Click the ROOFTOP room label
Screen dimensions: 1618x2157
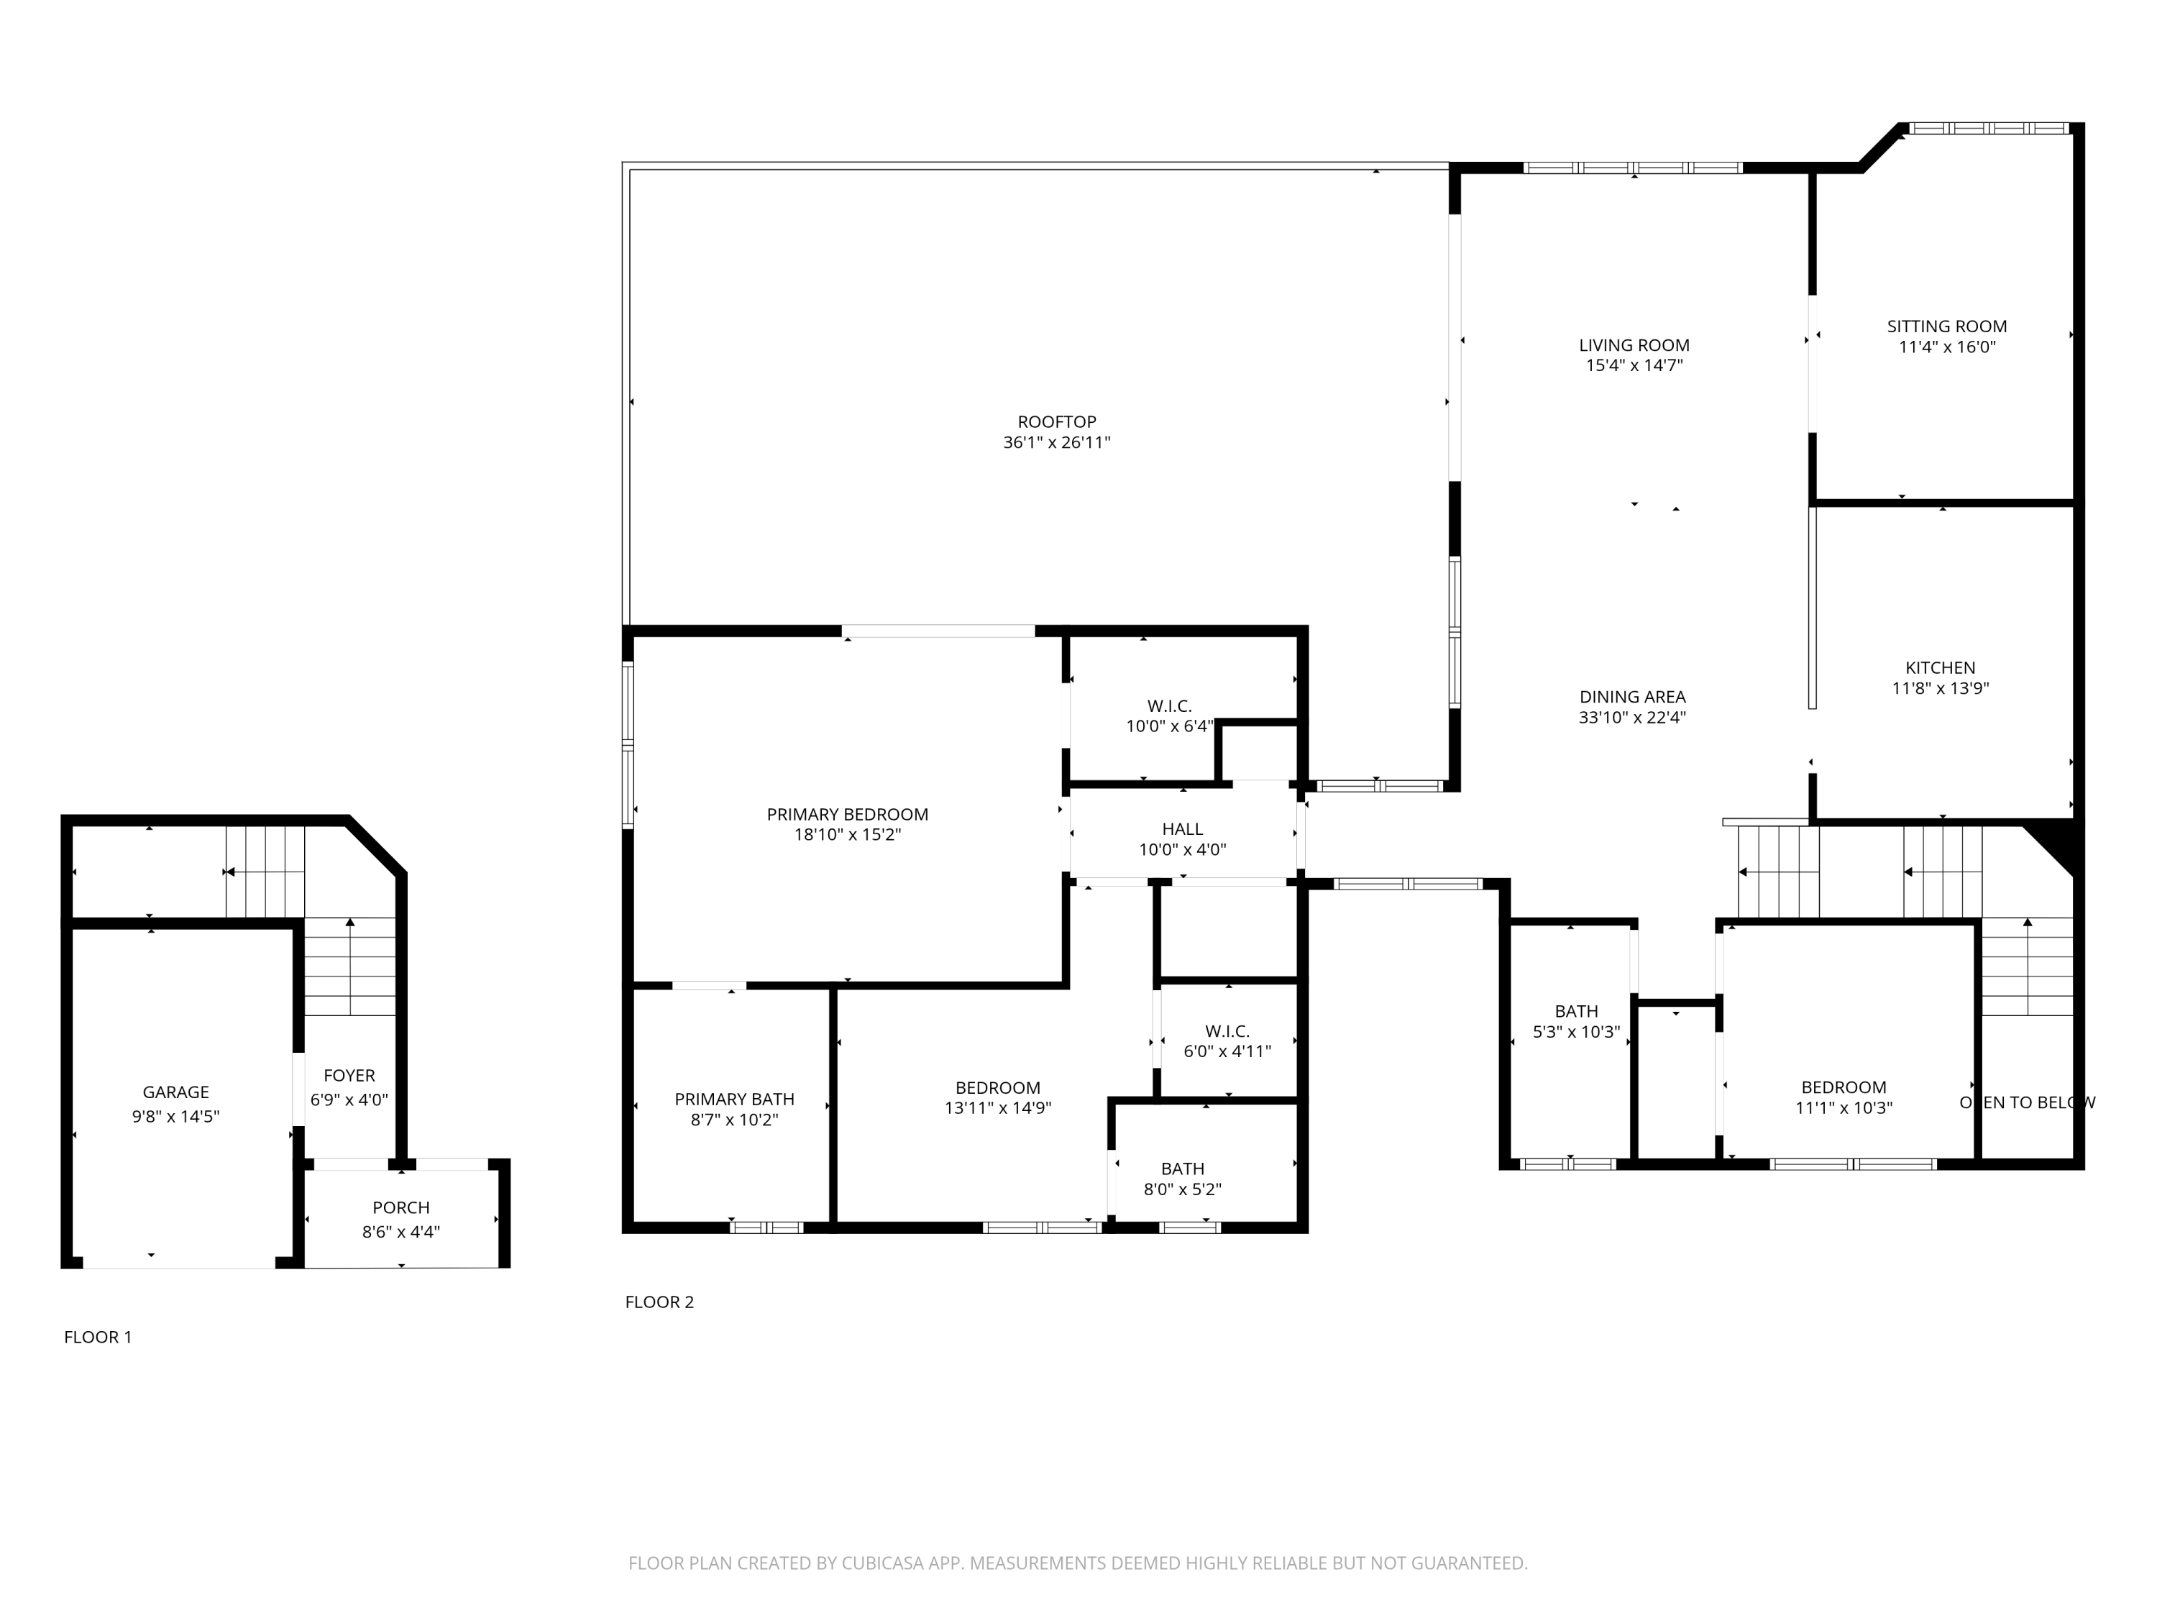point(1056,422)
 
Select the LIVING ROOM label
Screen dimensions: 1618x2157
point(1634,345)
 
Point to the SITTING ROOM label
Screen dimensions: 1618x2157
point(1946,326)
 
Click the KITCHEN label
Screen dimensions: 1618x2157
point(1940,668)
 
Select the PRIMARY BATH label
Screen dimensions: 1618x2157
point(733,1099)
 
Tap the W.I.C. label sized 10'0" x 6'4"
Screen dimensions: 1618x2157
point(1168,706)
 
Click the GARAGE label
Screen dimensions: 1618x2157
point(175,1092)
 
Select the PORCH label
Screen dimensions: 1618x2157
point(400,1207)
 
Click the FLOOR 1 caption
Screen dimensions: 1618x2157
point(98,1337)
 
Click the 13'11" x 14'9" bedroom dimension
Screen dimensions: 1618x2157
point(997,1108)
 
